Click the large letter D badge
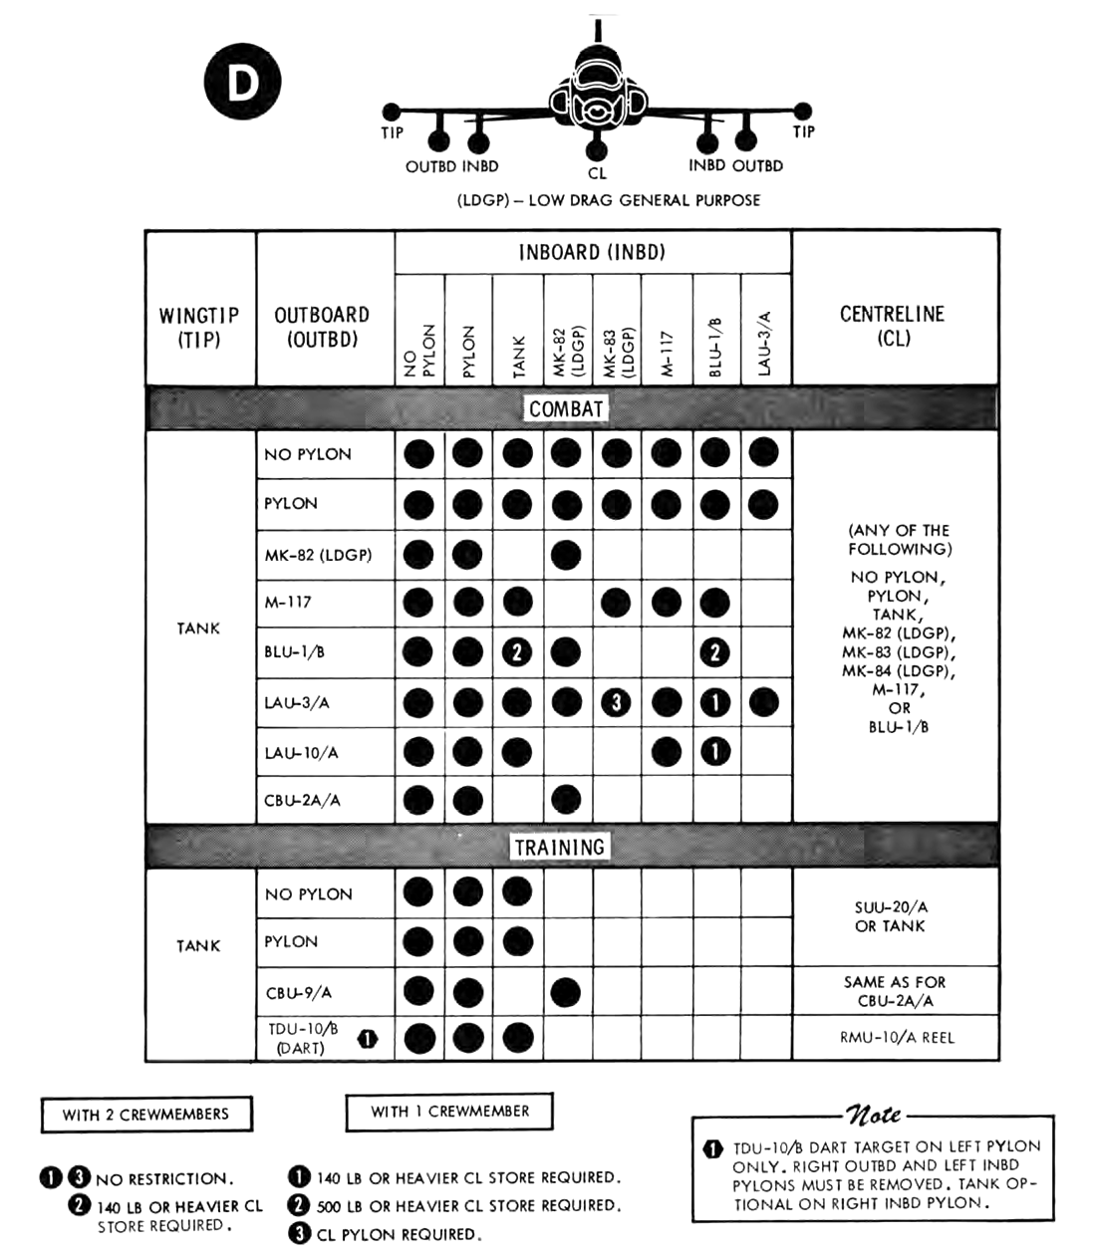coord(243,83)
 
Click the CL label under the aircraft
coord(597,173)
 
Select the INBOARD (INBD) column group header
coord(592,252)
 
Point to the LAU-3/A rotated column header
coord(765,345)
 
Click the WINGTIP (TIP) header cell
coord(199,327)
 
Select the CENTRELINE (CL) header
coord(893,325)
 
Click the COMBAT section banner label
coord(566,408)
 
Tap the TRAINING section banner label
coord(559,847)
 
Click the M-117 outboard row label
coord(288,603)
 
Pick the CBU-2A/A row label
coord(303,800)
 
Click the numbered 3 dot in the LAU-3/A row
coord(617,702)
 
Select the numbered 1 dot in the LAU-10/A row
coord(714,751)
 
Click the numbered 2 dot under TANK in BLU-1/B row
coord(517,652)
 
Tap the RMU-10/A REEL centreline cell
coord(896,1037)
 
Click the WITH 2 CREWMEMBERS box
coord(145,1115)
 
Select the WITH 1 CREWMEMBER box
coord(449,1112)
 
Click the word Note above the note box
coord(873,1114)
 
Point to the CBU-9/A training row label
coord(299,992)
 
